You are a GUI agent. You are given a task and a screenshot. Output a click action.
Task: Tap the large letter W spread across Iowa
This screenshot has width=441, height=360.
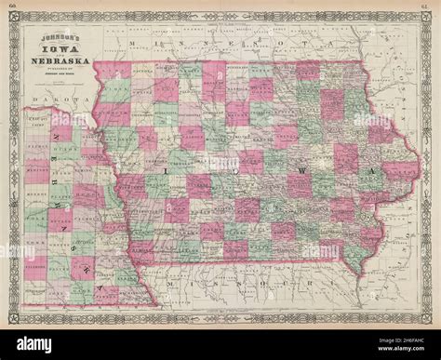[x=319, y=173]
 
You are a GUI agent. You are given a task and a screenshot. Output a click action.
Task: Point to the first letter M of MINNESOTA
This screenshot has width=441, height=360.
[x=136, y=44]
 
